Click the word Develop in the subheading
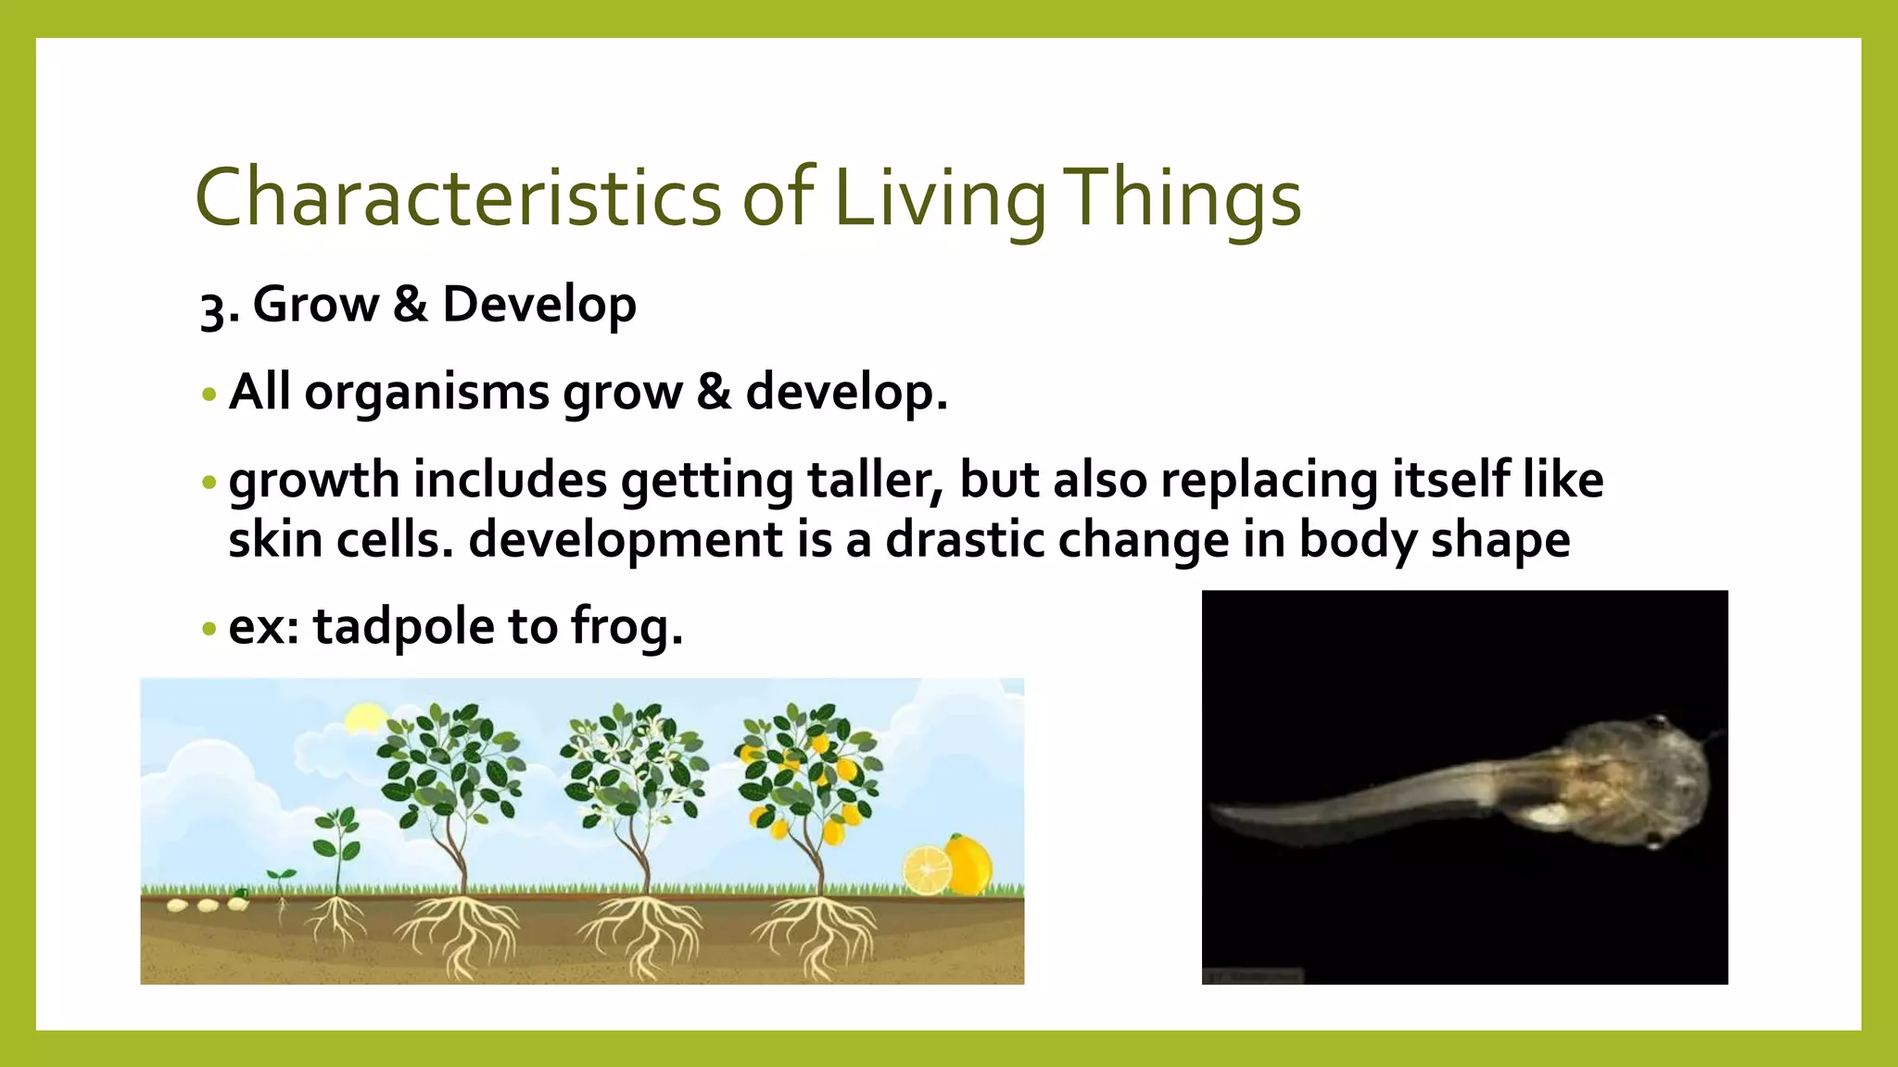(539, 306)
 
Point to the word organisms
(427, 392)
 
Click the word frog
(626, 628)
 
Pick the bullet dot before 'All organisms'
(209, 395)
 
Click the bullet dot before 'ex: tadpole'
(209, 630)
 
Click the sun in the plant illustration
(364, 719)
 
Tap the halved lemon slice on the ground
(927, 872)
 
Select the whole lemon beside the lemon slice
(969, 865)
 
